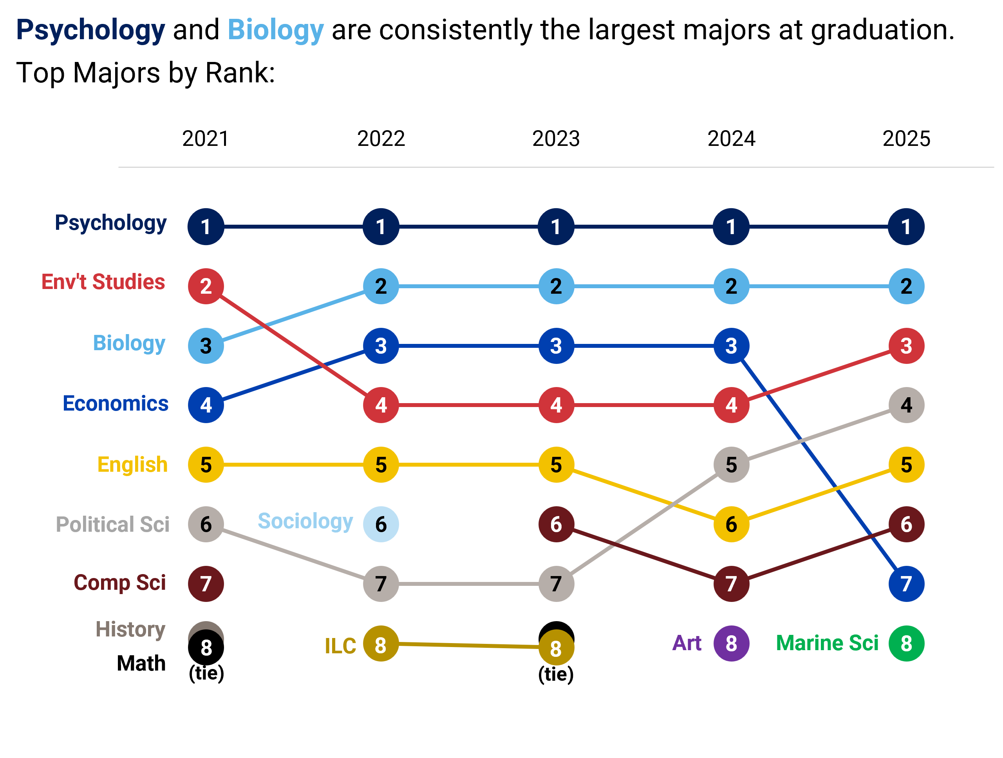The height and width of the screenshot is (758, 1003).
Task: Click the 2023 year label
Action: pyautogui.click(x=556, y=138)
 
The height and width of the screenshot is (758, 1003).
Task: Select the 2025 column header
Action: pyautogui.click(x=906, y=138)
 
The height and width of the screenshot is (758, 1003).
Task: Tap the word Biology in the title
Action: pyautogui.click(x=275, y=30)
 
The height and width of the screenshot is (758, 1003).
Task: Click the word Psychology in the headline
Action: pyautogui.click(x=91, y=30)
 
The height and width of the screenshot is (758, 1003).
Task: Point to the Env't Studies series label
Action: pyautogui.click(x=103, y=282)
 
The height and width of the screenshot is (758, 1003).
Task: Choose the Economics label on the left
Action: pyautogui.click(x=115, y=404)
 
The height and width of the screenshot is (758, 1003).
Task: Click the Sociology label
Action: pyautogui.click(x=305, y=521)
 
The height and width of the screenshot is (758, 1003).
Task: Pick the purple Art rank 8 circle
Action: pyautogui.click(x=731, y=643)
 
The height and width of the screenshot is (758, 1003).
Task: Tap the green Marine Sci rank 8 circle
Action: pyautogui.click(x=906, y=643)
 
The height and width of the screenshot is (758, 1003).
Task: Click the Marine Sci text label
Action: pyautogui.click(x=827, y=643)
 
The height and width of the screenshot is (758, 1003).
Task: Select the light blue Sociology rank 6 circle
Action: pyautogui.click(x=381, y=524)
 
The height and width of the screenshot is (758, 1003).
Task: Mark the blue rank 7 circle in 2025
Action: pyautogui.click(x=906, y=584)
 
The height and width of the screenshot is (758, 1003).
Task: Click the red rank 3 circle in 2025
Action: pyautogui.click(x=906, y=346)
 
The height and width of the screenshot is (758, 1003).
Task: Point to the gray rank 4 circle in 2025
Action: pyautogui.click(x=906, y=405)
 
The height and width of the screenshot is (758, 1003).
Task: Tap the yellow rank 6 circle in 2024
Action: pyautogui.click(x=731, y=524)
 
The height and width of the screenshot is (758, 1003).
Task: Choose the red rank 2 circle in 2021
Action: pyautogui.click(x=206, y=286)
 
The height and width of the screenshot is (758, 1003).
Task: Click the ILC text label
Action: pyautogui.click(x=340, y=646)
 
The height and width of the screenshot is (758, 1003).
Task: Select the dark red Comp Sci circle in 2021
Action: pyautogui.click(x=206, y=584)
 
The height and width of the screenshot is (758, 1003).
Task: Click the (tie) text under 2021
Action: pyautogui.click(x=206, y=673)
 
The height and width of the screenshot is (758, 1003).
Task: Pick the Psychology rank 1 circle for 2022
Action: pyautogui.click(x=381, y=227)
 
